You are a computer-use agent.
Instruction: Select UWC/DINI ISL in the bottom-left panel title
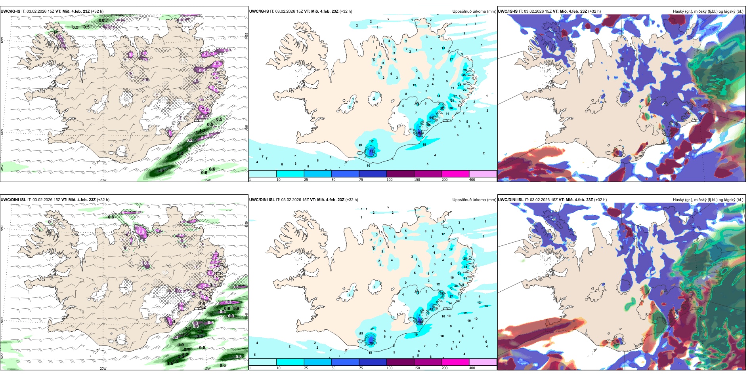[x=13, y=200]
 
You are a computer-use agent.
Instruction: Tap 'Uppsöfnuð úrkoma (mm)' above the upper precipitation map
[x=474, y=11]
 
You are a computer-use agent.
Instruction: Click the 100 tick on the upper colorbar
[x=389, y=180]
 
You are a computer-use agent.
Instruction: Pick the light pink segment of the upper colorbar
[x=483, y=174]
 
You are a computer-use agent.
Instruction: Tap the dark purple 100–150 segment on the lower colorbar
[x=400, y=362]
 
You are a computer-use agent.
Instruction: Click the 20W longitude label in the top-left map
[x=103, y=180]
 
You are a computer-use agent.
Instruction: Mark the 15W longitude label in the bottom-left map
[x=207, y=368]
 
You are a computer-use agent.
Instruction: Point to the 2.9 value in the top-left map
[x=161, y=170]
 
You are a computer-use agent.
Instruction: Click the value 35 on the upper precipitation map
[x=464, y=75]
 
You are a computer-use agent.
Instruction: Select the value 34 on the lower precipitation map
[x=465, y=267]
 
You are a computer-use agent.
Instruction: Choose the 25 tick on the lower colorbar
[x=306, y=368]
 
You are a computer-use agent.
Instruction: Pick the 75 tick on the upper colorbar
[x=361, y=180]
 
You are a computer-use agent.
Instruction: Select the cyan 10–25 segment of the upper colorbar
[x=290, y=174]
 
